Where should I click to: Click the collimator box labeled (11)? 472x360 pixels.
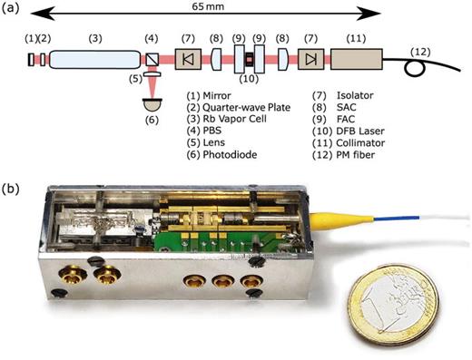pyautogui.click(x=359, y=61)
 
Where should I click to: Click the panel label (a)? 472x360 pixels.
pyautogui.click(x=12, y=10)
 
